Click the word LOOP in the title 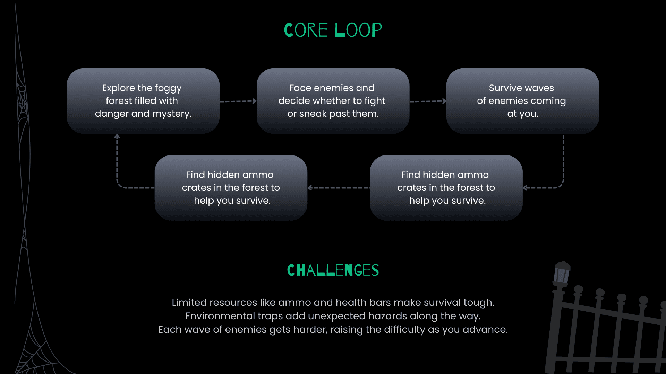(x=358, y=30)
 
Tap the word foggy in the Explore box (x=168, y=89)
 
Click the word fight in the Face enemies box (x=375, y=101)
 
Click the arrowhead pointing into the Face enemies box (x=255, y=101)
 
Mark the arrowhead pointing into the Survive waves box (x=444, y=101)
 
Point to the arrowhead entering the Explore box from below (x=117, y=136)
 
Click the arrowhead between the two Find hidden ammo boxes (x=310, y=188)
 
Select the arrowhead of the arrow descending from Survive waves (x=525, y=188)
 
